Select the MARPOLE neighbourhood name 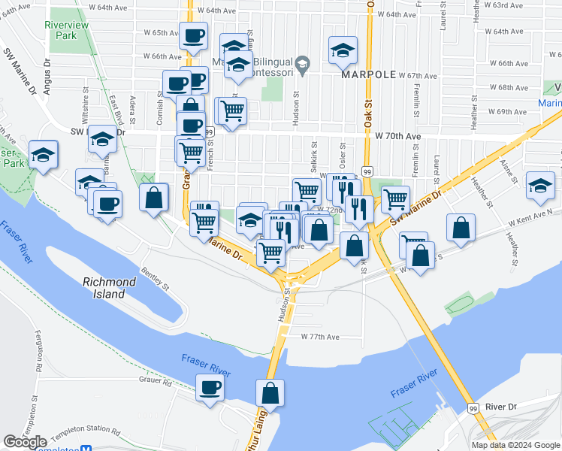367,75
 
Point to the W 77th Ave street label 321,337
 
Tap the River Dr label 501,407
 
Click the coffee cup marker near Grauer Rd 210,388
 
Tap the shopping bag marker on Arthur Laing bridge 270,392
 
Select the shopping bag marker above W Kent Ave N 461,227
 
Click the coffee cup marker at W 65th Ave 193,35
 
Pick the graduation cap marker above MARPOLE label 343,50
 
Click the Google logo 26,442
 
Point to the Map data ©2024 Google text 515,445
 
